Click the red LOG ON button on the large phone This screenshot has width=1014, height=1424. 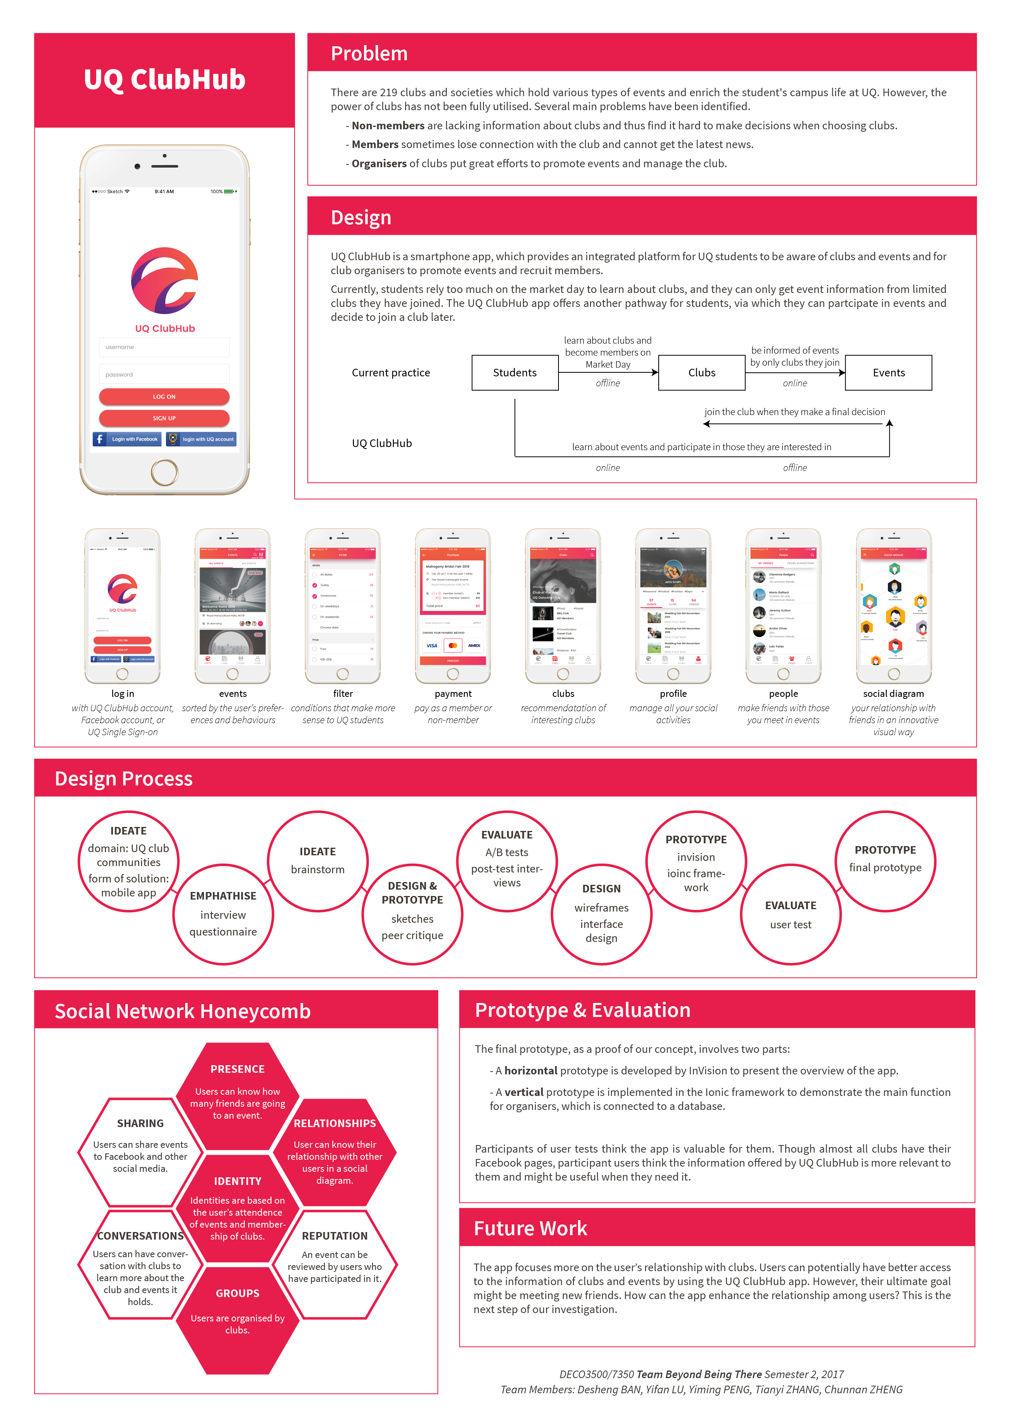pyautogui.click(x=164, y=396)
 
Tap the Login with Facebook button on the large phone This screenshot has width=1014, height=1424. pyautogui.click(x=127, y=439)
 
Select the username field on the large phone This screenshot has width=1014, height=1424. pyautogui.click(x=164, y=347)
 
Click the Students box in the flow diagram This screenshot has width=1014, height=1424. pyautogui.click(x=515, y=373)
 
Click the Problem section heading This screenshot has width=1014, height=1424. pyautogui.click(x=369, y=54)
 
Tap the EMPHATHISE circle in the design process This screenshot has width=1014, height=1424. pyautogui.click(x=223, y=914)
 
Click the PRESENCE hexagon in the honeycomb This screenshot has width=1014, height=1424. pyautogui.click(x=237, y=1092)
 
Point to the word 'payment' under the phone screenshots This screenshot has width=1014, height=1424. pyautogui.click(x=453, y=694)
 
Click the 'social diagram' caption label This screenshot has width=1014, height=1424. pyautogui.click(x=893, y=694)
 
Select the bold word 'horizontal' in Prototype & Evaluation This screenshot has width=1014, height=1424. pyautogui.click(x=531, y=1071)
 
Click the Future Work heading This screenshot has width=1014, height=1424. pyautogui.click(x=530, y=1228)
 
